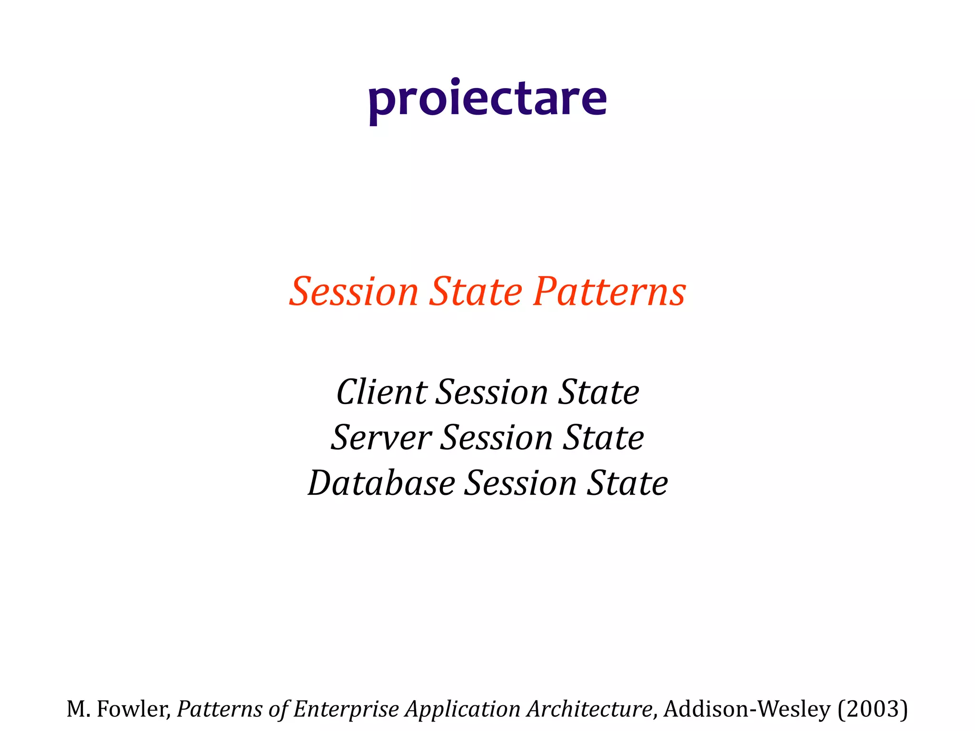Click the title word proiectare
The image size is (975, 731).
pyautogui.click(x=487, y=100)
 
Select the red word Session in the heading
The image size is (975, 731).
pyautogui.click(x=354, y=292)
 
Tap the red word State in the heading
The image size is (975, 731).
pyautogui.click(x=476, y=292)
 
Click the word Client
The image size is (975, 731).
pyautogui.click(x=381, y=393)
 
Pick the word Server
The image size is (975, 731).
pyautogui.click(x=381, y=438)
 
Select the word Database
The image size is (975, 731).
pyautogui.click(x=381, y=484)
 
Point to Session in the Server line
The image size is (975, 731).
pyautogui.click(x=496, y=438)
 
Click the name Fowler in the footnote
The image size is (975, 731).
pyautogui.click(x=133, y=709)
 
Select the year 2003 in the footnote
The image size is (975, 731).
pyautogui.click(x=873, y=709)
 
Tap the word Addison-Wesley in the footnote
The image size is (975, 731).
pyautogui.click(x=747, y=709)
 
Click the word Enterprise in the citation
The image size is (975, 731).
pyautogui.click(x=346, y=709)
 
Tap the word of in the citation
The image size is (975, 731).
pyautogui.click(x=277, y=709)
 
